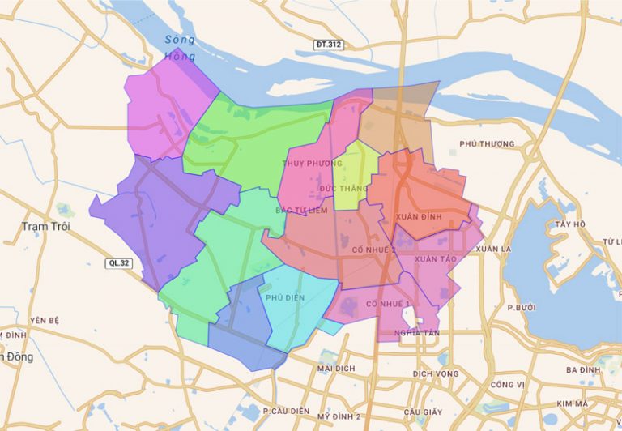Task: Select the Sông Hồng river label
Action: [x=179, y=48]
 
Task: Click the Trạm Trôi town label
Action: [x=45, y=227]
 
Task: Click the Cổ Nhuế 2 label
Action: [x=373, y=250]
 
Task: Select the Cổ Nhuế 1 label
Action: [x=389, y=304]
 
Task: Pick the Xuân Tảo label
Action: [x=436, y=258]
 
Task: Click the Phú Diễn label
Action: [x=285, y=297]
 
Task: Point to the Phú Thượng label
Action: [x=487, y=144]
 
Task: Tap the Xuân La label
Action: [x=495, y=249]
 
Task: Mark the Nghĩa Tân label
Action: [x=417, y=333]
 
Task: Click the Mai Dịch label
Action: [x=337, y=368]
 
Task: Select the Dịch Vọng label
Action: [x=435, y=373]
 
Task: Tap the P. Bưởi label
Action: [x=522, y=308]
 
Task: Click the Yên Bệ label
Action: [x=45, y=320]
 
